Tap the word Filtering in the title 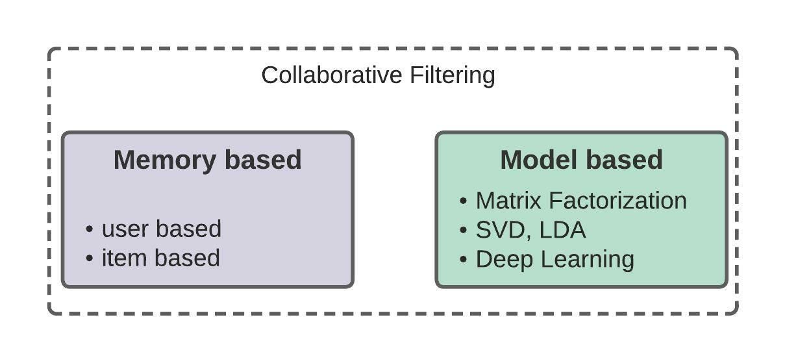(x=452, y=75)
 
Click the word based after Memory (x=265, y=160)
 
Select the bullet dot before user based (x=90, y=230)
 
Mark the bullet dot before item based (x=90, y=258)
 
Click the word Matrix (x=508, y=201)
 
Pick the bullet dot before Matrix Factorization (x=463, y=201)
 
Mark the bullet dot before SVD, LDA (x=463, y=231)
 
